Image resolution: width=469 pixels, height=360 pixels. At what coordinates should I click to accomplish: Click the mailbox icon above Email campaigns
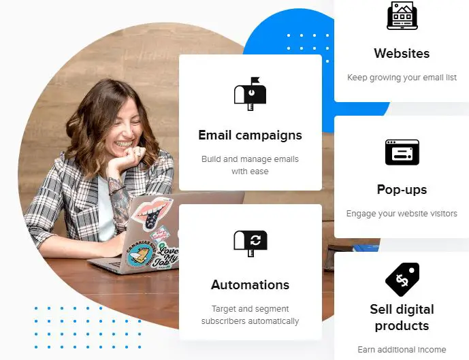point(250,94)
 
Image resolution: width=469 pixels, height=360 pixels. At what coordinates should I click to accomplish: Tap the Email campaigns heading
point(250,135)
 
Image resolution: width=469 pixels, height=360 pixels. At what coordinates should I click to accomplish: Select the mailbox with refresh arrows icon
point(250,244)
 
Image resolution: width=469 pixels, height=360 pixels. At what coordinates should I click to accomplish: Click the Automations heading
point(250,284)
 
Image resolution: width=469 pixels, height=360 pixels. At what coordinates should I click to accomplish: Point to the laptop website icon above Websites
point(402,16)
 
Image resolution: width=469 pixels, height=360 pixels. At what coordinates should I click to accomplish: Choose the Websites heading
point(402,53)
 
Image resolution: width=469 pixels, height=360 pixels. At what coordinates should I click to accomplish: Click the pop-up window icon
point(402,152)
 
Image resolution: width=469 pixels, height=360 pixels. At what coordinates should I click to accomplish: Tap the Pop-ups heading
point(402,190)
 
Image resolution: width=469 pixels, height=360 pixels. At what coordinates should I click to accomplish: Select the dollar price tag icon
point(402,279)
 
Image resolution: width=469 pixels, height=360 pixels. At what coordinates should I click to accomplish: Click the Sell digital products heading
point(402,318)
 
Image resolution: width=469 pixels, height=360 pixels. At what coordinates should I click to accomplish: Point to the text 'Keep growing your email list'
point(402,78)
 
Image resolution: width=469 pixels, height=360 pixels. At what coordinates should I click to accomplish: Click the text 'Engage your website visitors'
point(402,214)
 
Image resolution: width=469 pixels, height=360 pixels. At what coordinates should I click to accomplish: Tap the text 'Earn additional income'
point(402,350)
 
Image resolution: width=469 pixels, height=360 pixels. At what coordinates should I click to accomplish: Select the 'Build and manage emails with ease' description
point(250,165)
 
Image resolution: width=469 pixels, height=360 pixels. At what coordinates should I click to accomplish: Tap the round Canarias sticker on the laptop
point(140,253)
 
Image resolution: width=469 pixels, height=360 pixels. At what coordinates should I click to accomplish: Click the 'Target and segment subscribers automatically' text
point(250,315)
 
